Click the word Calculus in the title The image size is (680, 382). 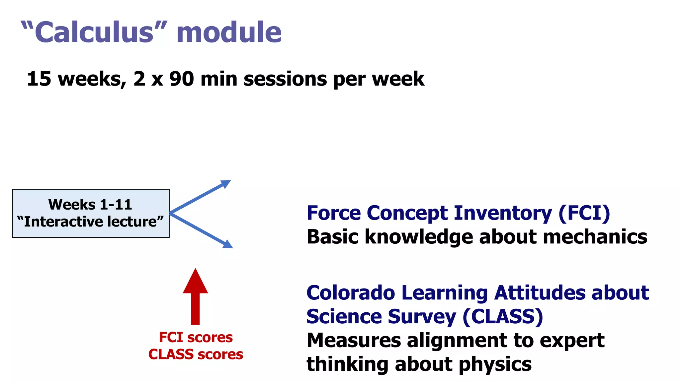point(94,32)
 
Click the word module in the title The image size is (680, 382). point(229,32)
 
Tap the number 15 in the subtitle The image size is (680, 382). point(39,79)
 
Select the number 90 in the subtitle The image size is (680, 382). point(182,79)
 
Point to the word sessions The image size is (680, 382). point(285,79)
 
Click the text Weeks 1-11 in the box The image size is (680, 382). point(90,205)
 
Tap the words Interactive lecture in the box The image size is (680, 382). point(90,222)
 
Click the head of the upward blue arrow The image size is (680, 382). point(226,183)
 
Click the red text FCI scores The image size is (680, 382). point(196,337)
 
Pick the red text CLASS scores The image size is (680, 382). point(196,354)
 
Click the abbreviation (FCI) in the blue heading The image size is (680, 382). point(584,213)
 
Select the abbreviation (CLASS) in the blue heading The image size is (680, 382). point(503,317)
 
